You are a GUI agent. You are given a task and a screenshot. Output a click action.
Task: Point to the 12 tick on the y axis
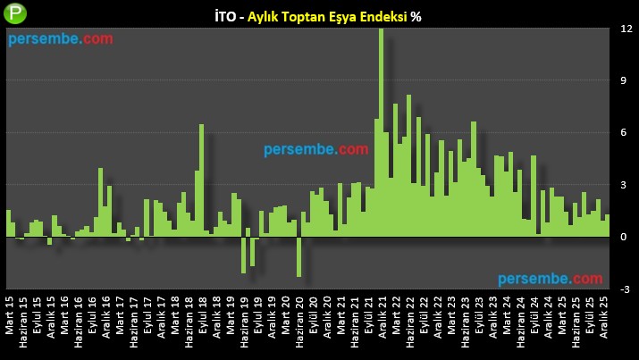pos(627,29)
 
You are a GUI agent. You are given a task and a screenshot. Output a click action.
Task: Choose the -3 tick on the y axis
pos(627,289)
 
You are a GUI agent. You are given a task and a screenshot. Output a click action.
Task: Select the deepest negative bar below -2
pos(299,256)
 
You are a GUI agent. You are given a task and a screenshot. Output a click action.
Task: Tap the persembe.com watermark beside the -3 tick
pos(551,280)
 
